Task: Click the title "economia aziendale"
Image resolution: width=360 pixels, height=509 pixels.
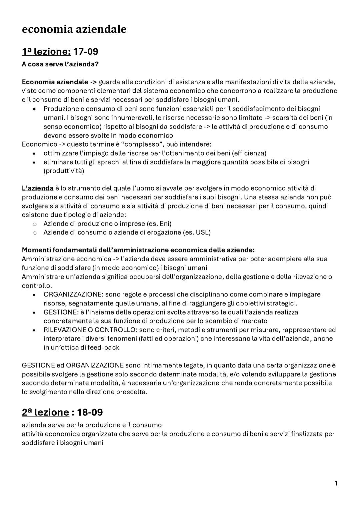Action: [x=74, y=29]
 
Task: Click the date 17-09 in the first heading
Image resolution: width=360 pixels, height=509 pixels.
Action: [x=86, y=52]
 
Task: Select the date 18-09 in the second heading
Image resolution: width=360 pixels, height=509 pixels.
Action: [x=90, y=412]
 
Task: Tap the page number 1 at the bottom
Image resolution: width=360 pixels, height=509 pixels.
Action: [x=336, y=483]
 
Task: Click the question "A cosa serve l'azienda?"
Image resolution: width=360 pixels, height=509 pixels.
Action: [x=60, y=64]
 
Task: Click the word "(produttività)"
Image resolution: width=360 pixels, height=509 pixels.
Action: [x=64, y=171]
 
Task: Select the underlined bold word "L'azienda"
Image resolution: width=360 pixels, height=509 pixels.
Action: [x=38, y=188]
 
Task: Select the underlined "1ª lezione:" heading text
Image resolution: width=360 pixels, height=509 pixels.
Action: [x=46, y=52]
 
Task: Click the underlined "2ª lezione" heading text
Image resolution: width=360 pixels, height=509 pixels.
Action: [x=45, y=412]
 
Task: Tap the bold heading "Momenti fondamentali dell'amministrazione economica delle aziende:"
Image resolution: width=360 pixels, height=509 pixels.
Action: [x=138, y=250]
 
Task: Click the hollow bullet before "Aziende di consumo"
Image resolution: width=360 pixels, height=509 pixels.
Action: [x=34, y=233]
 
